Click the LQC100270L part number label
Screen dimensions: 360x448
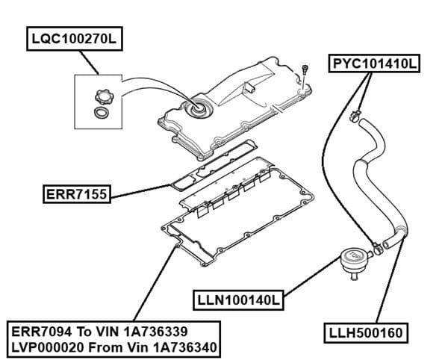click(75, 38)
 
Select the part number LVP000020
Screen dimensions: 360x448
click(43, 348)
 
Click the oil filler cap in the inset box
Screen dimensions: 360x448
click(101, 95)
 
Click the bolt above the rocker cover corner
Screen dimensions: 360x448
click(305, 70)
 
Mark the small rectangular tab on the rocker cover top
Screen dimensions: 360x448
click(253, 88)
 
